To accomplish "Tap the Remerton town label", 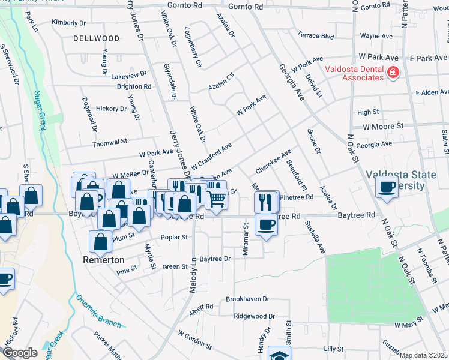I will [104, 260].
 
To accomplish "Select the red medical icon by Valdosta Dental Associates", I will [393, 73].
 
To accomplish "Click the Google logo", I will [20, 353].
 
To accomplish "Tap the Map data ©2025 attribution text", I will [423, 355].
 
